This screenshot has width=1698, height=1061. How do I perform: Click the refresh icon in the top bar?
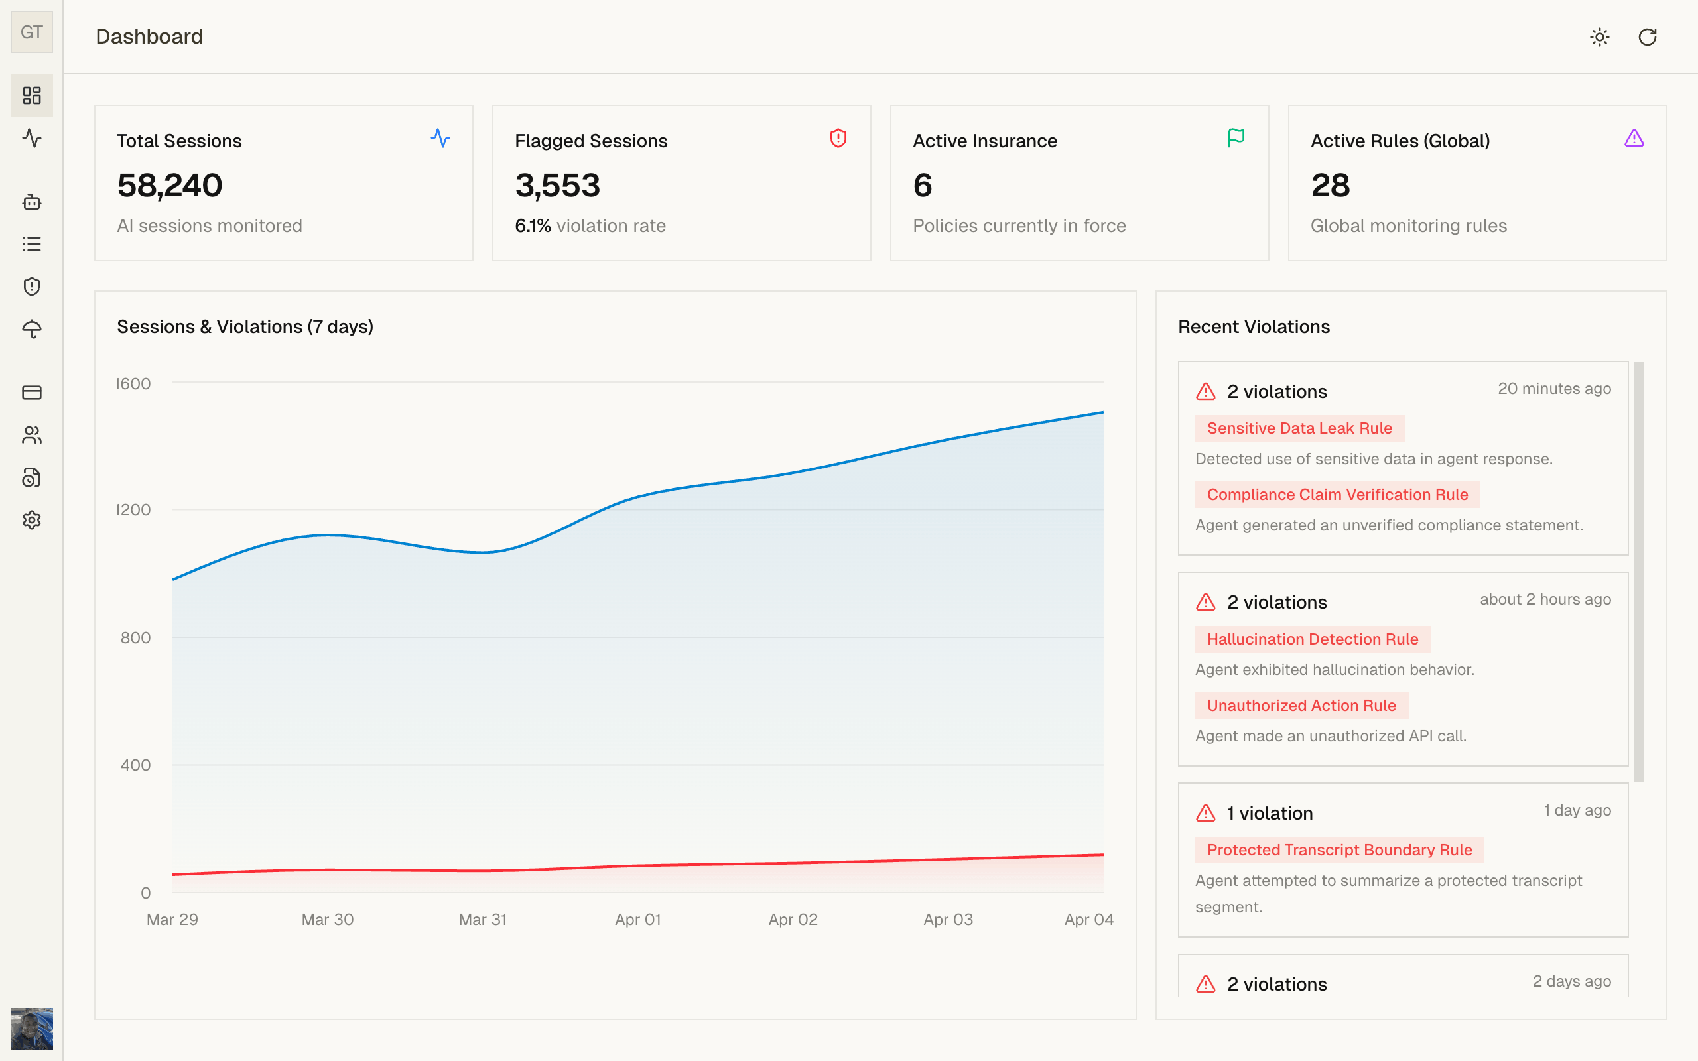click(1647, 37)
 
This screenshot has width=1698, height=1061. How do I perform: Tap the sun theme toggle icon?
click(1599, 37)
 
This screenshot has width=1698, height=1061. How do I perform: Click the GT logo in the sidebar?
click(32, 32)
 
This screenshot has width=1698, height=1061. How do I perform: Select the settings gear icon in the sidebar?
click(32, 520)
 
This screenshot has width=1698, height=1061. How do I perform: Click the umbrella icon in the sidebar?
click(32, 329)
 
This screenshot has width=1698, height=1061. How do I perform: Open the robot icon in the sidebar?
click(32, 202)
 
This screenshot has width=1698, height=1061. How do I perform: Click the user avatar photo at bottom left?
click(32, 1028)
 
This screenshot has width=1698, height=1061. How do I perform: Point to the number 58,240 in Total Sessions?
click(170, 185)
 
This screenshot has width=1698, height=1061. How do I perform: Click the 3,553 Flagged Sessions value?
click(558, 185)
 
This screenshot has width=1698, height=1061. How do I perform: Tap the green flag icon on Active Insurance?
click(1236, 137)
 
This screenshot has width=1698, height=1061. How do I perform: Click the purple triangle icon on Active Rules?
click(1634, 138)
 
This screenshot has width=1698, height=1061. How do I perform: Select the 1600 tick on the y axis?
click(133, 384)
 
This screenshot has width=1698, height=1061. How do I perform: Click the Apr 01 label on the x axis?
click(638, 919)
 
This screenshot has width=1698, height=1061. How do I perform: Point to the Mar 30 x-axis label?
click(328, 919)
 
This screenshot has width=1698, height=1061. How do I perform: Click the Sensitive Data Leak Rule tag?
click(1299, 428)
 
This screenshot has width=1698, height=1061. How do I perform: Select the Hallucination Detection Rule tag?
click(1312, 639)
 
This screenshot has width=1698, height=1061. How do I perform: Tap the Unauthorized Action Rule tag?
click(1301, 705)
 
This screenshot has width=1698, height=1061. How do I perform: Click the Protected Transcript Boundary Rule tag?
click(1339, 849)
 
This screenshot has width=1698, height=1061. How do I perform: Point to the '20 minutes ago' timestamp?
click(1554, 389)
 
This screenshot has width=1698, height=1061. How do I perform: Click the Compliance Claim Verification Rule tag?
click(1337, 495)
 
